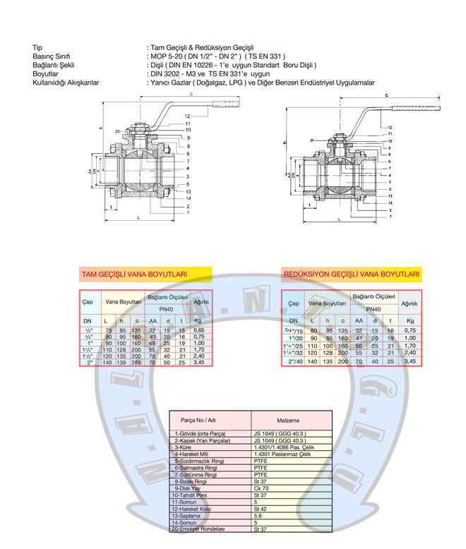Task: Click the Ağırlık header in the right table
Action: coord(409,303)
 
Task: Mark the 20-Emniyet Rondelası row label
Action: coord(201,528)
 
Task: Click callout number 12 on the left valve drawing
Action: coord(187,116)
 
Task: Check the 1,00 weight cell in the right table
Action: coord(409,338)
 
